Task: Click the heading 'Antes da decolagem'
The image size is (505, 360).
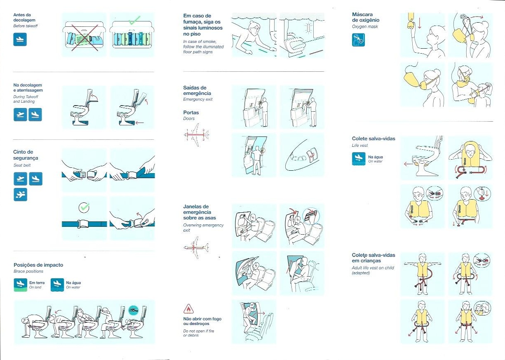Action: [24, 17]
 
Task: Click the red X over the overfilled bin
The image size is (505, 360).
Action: [84, 38]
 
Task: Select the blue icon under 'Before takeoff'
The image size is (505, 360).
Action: [20, 39]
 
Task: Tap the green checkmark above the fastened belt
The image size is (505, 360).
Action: [85, 207]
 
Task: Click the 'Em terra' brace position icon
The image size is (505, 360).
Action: [20, 285]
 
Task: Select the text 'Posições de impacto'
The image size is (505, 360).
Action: [38, 265]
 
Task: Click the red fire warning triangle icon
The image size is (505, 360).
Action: [188, 309]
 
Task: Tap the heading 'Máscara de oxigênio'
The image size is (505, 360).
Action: [366, 17]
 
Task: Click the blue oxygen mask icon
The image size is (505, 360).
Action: [358, 40]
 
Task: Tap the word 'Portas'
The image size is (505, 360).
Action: [191, 112]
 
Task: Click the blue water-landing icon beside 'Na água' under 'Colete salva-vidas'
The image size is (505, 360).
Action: [358, 159]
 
